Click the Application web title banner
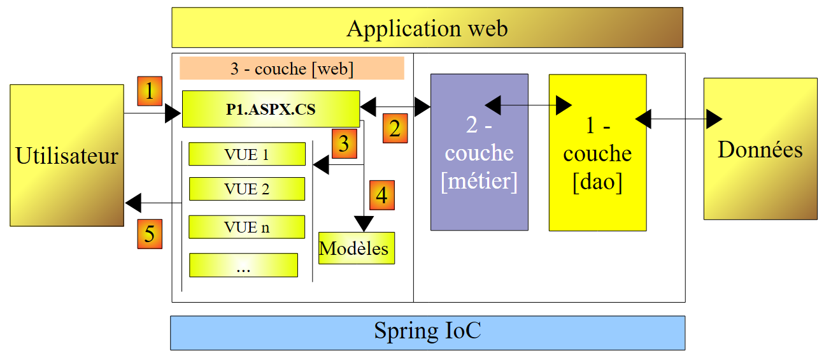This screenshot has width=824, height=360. tap(427, 28)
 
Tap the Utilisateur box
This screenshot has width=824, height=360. tap(67, 155)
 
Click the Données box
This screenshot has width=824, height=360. tap(760, 148)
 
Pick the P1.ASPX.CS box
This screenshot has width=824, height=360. tap(271, 109)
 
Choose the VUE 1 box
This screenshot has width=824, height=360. tap(246, 154)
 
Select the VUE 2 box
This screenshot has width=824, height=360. tap(246, 189)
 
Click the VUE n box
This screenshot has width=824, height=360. tap(246, 227)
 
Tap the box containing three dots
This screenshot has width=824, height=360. tap(243, 265)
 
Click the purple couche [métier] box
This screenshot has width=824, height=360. tap(479, 152)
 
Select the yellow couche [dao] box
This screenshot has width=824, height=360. tap(597, 153)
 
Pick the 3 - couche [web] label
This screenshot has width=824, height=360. tap(292, 68)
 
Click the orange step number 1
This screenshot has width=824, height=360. tap(150, 92)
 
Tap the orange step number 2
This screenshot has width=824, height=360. tap(395, 129)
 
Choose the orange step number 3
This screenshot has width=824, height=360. tap(344, 143)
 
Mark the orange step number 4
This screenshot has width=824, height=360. tap(381, 195)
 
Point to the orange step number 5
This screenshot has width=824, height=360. tap(150, 234)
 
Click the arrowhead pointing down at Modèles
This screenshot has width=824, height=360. tap(364, 224)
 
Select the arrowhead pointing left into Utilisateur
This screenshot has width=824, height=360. tap(133, 203)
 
